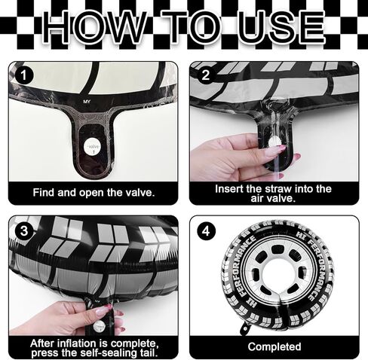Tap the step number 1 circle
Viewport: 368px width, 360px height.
tap(24, 75)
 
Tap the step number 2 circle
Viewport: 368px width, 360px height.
tap(205, 75)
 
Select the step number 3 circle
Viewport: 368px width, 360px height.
tap(24, 230)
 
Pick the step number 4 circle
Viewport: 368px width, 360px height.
tap(206, 230)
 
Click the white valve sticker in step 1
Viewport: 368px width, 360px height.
tap(93, 147)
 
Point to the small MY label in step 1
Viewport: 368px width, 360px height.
tap(87, 102)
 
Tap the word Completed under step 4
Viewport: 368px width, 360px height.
tap(274, 346)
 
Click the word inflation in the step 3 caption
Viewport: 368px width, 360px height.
tap(84, 343)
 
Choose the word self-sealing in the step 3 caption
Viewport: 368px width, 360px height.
tap(104, 352)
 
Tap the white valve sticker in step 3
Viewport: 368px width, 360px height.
tap(99, 326)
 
